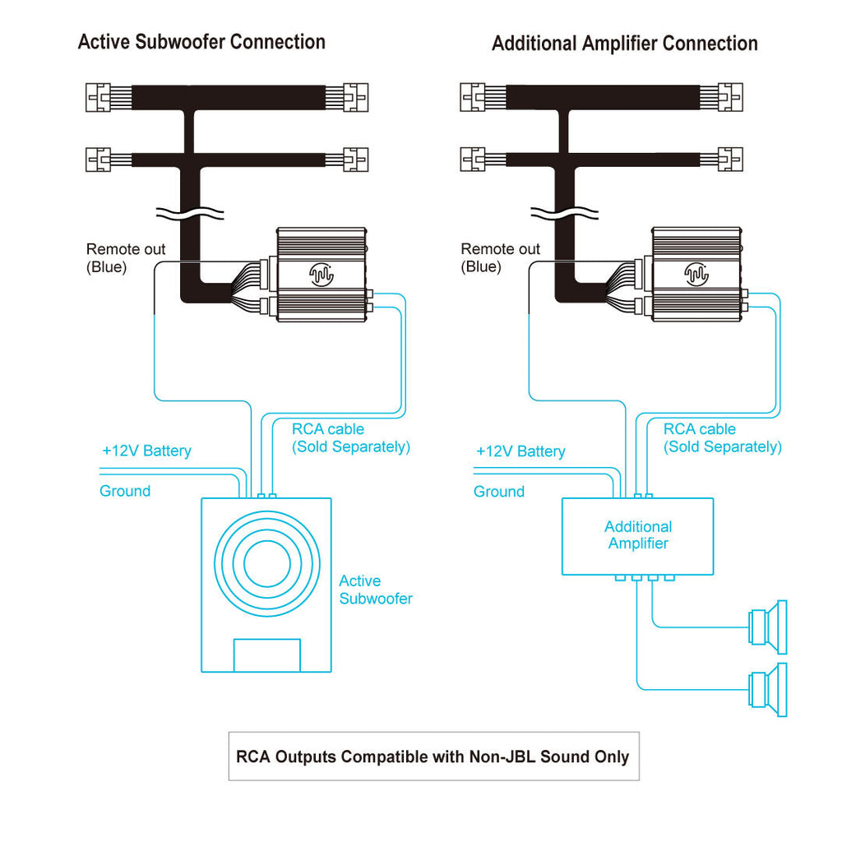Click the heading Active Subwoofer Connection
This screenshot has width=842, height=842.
click(201, 42)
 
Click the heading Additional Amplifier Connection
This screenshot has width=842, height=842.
click(624, 44)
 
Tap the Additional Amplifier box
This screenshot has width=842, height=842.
click(637, 536)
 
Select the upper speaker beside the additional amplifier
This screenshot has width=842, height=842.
click(769, 627)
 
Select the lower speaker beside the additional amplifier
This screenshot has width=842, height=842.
click(769, 689)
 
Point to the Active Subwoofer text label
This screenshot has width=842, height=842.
click(376, 590)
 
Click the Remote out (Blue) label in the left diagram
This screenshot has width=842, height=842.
click(126, 257)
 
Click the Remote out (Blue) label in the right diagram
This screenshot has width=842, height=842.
click(500, 257)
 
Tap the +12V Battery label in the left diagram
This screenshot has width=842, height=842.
click(146, 451)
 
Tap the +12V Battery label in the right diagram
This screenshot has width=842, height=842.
click(520, 451)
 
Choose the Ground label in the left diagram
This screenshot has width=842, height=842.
click(125, 491)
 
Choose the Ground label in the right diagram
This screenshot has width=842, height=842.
click(499, 492)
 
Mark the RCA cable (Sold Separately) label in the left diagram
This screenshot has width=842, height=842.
click(351, 437)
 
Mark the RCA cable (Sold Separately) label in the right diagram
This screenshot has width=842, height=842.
click(723, 437)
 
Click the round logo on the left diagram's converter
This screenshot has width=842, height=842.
click(320, 274)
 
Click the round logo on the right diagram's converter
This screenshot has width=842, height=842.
click(695, 274)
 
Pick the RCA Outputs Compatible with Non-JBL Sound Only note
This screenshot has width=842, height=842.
click(433, 756)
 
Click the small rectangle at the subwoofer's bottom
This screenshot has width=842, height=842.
click(267, 655)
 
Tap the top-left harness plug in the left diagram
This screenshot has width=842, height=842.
click(97, 97)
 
